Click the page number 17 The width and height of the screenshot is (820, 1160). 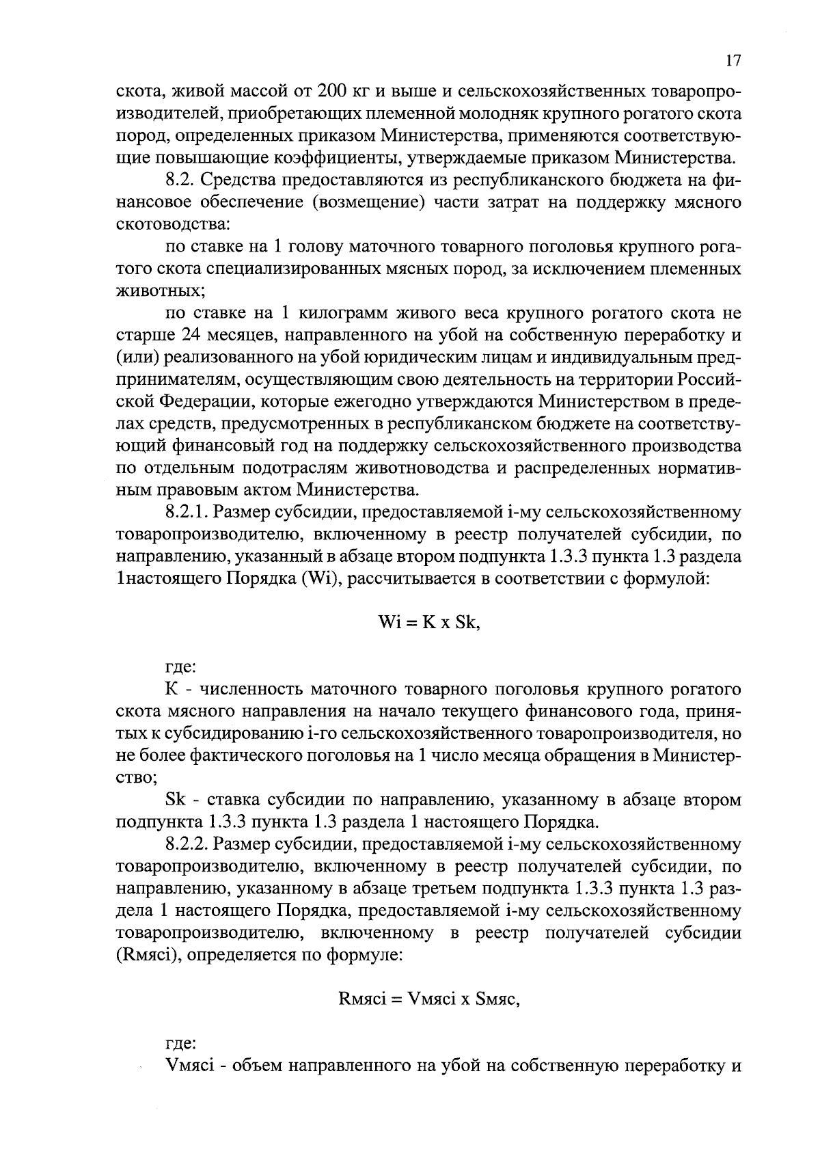click(733, 61)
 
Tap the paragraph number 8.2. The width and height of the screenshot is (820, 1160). click(181, 181)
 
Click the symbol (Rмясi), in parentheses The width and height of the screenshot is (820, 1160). click(150, 956)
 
